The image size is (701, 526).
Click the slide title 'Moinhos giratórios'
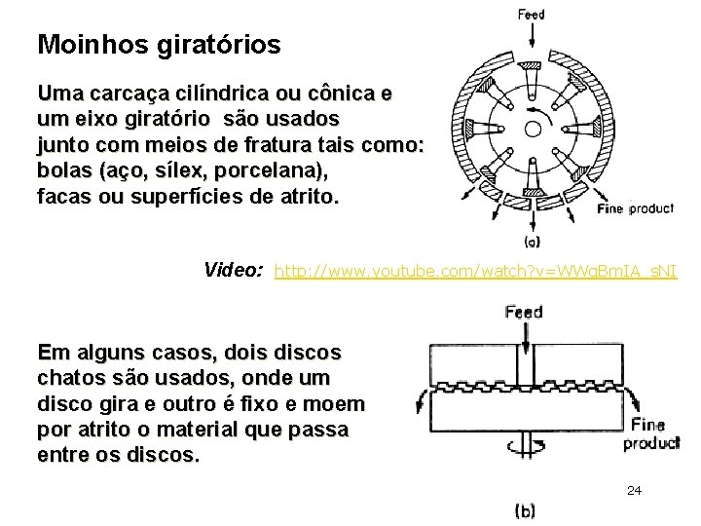[159, 44]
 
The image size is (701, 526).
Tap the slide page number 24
[634, 490]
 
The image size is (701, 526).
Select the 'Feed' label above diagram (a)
[531, 14]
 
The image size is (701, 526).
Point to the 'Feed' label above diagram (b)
[524, 313]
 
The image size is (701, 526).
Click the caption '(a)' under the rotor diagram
[533, 241]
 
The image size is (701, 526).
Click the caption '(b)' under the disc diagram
[523, 510]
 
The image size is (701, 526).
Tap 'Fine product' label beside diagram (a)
[635, 208]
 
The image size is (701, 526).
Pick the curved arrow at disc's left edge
[420, 400]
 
